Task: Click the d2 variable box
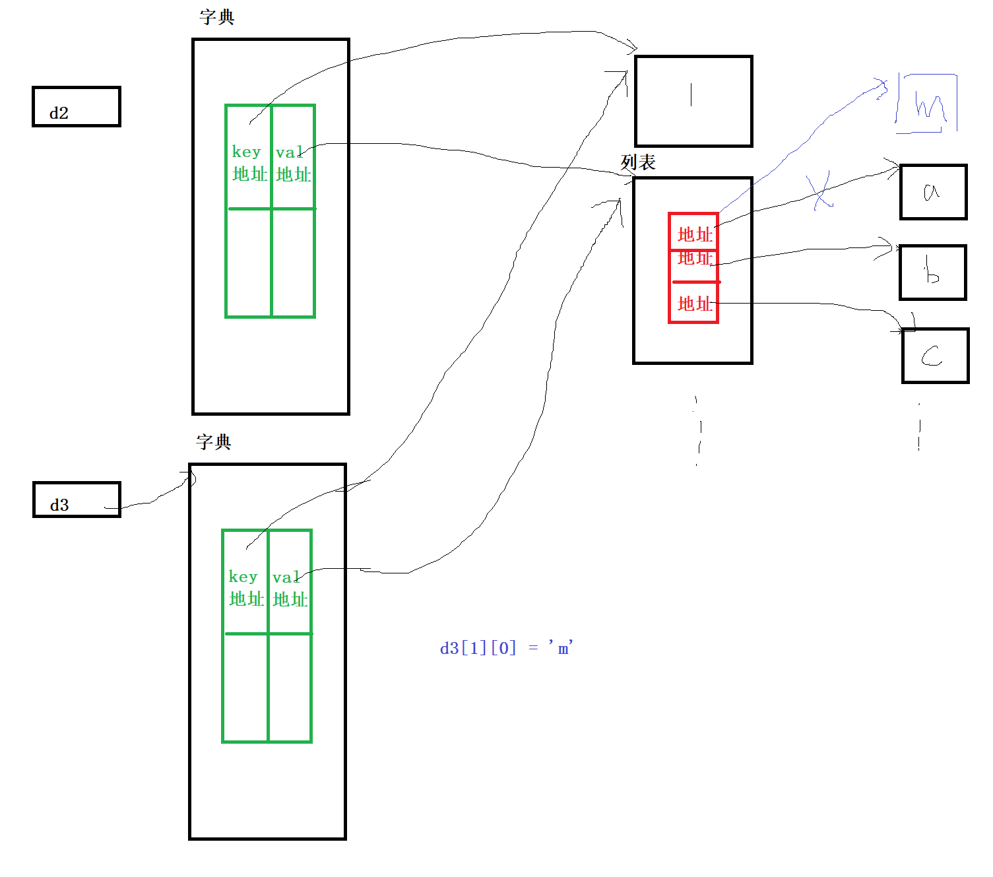click(76, 106)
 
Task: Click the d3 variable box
click(77, 500)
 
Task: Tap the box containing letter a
click(933, 192)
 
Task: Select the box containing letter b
click(932, 273)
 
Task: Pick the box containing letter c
click(935, 356)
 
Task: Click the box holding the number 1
click(693, 101)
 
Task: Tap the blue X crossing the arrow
click(820, 191)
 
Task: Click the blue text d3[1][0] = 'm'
click(506, 648)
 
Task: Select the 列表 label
click(638, 162)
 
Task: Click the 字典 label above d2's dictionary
click(217, 17)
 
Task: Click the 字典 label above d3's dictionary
click(214, 441)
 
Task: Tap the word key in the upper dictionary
click(246, 152)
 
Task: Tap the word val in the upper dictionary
click(289, 152)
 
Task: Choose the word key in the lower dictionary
click(243, 577)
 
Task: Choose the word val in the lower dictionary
click(286, 577)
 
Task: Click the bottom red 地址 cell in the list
click(694, 304)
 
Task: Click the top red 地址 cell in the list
click(694, 234)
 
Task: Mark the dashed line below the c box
click(919, 428)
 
